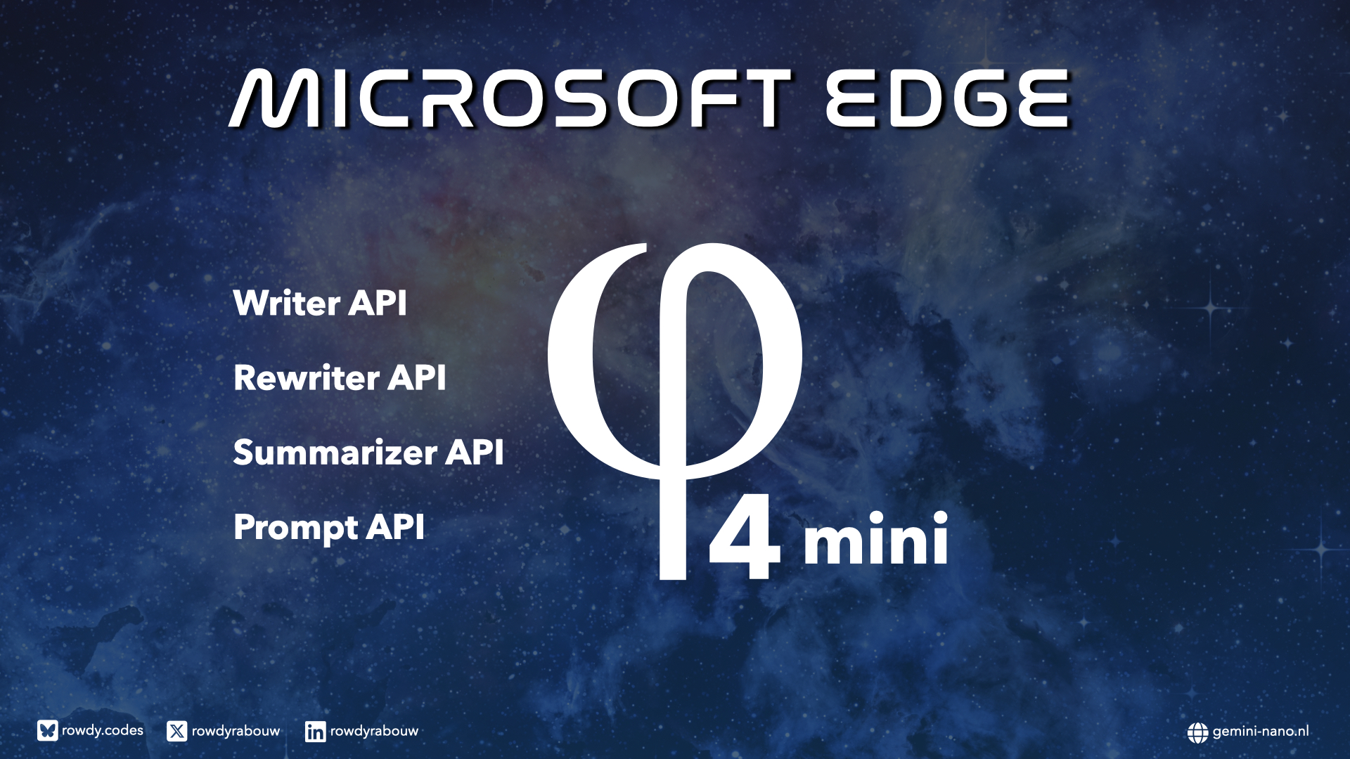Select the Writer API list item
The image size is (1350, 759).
320,303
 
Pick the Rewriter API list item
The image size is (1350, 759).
340,377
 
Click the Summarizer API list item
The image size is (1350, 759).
368,452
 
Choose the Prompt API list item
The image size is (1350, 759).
329,528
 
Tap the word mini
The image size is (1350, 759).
876,538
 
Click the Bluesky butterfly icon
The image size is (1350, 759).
47,731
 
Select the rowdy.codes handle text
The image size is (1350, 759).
103,731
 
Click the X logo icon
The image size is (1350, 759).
176,732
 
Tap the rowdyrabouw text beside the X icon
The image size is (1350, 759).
236,732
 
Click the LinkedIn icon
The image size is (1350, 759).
315,732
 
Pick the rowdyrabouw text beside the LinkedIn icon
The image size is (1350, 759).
374,732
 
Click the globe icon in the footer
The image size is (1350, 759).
1197,732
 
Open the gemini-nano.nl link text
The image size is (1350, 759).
1261,732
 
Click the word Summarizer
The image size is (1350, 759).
335,452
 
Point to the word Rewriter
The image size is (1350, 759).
307,377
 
